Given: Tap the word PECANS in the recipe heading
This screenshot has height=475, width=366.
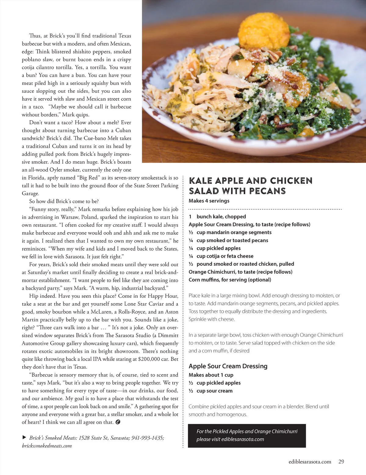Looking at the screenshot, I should coord(267,191).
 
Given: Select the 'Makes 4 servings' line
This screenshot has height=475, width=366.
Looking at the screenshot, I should coord(209,201).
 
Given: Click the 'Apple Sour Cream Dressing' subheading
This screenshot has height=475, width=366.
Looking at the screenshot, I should coord(228,366).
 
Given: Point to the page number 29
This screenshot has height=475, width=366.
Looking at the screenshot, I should coord(341,462).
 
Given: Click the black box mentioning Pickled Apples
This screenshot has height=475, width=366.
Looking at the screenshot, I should coord(247,436).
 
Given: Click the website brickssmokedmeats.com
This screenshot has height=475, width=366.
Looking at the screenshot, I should coord(47,446).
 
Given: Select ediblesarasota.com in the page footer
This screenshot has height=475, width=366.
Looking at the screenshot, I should coord(310,462).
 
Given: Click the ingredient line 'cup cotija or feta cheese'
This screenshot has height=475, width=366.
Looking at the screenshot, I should coord(225,256).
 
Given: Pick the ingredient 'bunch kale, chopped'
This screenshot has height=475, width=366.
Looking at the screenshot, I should coord(221,216).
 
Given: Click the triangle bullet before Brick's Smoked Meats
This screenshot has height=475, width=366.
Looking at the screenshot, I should coord(24,437).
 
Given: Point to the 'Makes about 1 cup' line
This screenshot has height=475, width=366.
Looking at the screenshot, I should coord(211,375).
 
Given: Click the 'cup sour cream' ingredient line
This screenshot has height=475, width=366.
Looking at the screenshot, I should coord(214,391).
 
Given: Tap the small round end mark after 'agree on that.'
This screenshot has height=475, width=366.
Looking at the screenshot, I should coord(118,422).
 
